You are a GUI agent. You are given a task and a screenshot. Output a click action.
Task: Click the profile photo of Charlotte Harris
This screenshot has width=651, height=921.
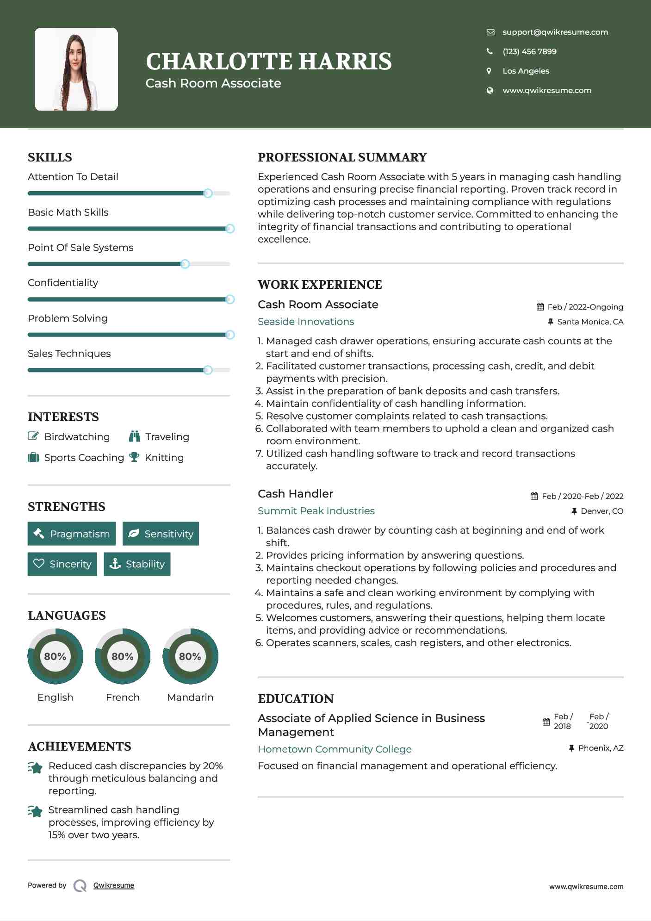[x=76, y=69]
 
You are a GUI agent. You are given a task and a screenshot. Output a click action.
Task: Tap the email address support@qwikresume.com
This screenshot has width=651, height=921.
[x=555, y=32]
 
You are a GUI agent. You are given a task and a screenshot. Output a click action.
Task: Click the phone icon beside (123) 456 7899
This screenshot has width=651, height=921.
[x=490, y=51]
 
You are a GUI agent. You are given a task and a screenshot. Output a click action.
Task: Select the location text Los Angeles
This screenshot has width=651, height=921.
[x=526, y=71]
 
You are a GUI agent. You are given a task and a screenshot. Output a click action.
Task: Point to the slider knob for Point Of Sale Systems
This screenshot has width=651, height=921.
[x=185, y=264]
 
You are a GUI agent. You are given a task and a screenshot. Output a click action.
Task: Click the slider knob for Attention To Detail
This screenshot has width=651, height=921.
[x=208, y=193]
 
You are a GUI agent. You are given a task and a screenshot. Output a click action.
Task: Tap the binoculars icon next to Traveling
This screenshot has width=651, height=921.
[x=135, y=436]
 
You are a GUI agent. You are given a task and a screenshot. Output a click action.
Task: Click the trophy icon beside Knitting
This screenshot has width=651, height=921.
[x=134, y=457]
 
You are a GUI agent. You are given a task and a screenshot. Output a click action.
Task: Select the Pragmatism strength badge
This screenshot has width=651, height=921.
[x=72, y=534]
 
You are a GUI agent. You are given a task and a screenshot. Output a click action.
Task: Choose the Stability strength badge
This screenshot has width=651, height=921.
[x=137, y=564]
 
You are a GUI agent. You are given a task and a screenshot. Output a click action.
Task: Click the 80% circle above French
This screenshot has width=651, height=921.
[x=123, y=656]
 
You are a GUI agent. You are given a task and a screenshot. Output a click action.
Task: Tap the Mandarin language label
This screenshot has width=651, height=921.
[x=190, y=697]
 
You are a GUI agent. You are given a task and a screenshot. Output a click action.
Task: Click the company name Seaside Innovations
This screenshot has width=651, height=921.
[x=306, y=322]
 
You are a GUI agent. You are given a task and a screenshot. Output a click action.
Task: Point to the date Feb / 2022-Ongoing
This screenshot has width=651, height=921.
[x=585, y=307]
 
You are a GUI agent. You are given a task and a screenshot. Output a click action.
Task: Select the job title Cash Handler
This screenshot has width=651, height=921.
[x=295, y=494]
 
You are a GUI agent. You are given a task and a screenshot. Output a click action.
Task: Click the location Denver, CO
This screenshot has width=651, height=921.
[x=601, y=511]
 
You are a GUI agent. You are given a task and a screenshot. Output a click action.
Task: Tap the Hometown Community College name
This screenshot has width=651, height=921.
[x=335, y=749]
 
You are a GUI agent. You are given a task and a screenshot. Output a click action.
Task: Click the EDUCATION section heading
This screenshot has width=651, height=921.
[x=296, y=698]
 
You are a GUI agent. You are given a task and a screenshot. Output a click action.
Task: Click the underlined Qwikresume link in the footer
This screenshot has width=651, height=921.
[x=114, y=885]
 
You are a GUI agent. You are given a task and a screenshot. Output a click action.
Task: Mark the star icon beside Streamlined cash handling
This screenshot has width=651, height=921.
[x=35, y=811]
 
